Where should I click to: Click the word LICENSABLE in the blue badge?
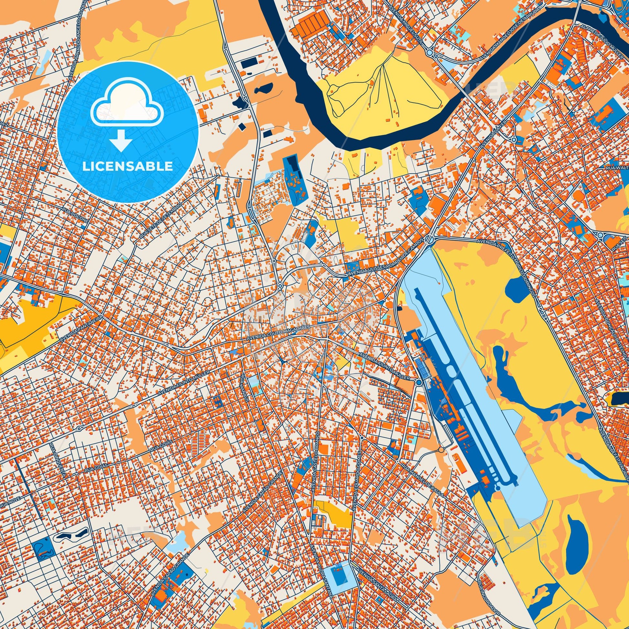click(127, 166)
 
